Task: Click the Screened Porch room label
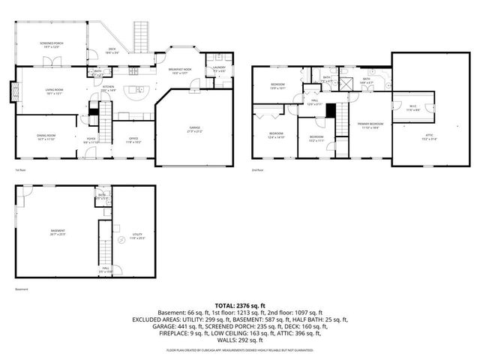[51, 45]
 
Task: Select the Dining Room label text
[46, 137]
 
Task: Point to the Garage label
[194, 130]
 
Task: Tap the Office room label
[133, 139]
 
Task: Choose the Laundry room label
[219, 69]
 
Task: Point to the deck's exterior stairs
[140, 34]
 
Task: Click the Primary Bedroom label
[370, 124]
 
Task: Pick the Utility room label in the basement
[136, 236]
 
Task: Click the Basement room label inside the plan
[58, 232]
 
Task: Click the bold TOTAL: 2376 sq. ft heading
[239, 306]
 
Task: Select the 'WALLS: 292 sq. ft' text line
[239, 340]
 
